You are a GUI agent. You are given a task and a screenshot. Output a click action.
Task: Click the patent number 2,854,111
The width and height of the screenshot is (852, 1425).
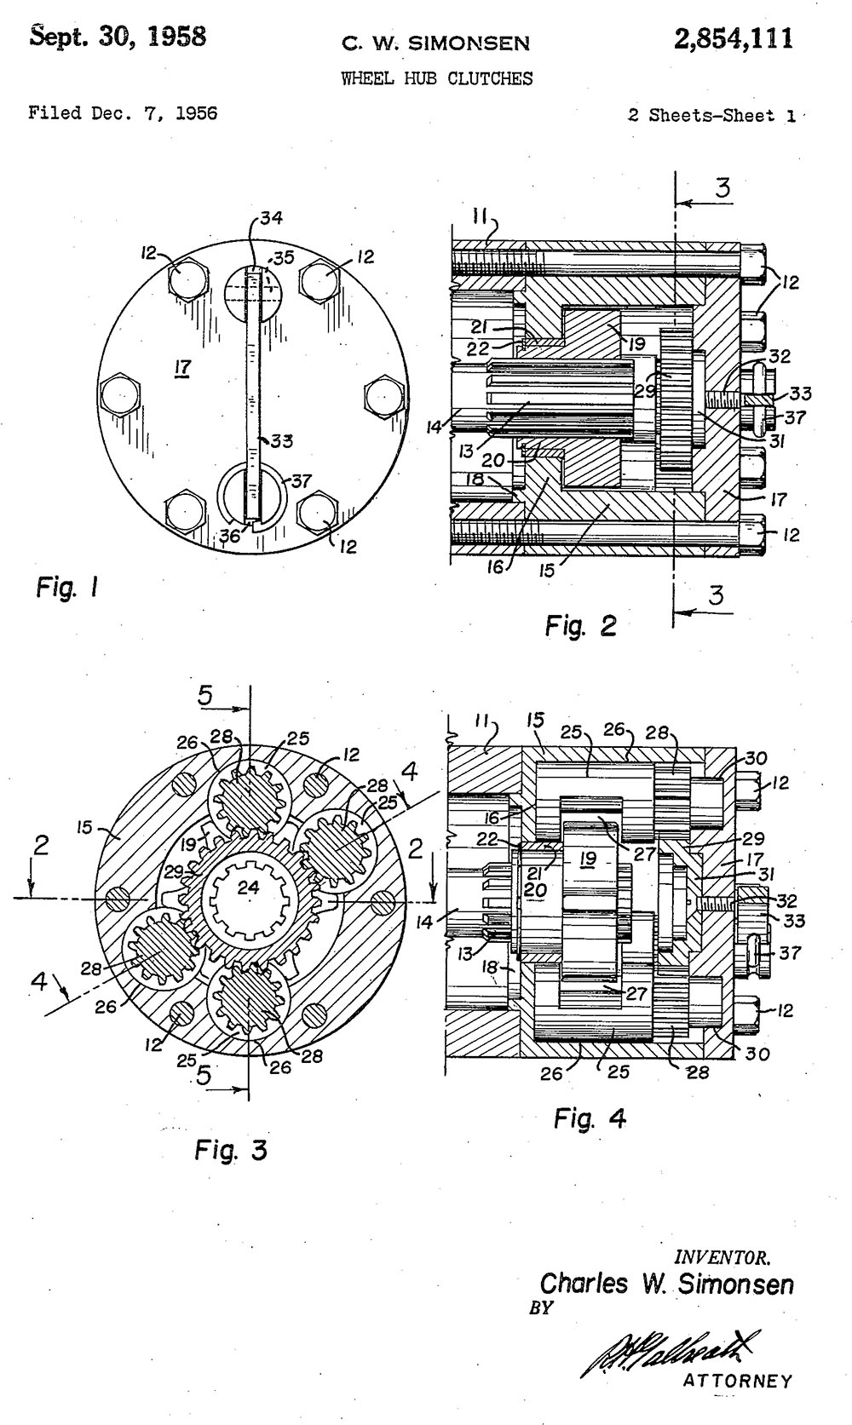(x=733, y=39)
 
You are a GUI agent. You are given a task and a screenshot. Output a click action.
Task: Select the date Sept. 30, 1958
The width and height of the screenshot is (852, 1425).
(x=118, y=37)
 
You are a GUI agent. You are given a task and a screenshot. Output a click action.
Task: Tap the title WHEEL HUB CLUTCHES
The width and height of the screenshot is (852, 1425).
(x=436, y=79)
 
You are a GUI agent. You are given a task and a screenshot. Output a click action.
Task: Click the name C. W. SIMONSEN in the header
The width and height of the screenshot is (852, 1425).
(x=435, y=43)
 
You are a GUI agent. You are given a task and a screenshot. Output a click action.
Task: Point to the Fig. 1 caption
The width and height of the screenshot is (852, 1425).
(x=67, y=587)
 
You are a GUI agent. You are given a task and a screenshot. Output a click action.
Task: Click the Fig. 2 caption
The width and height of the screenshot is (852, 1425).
(x=580, y=627)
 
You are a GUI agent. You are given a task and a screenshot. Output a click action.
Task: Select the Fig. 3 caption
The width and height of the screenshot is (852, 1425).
(x=230, y=1151)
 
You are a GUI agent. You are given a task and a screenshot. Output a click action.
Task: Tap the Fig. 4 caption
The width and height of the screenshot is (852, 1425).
(x=590, y=1118)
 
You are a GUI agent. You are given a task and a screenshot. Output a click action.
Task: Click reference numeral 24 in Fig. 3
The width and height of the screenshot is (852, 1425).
(x=248, y=888)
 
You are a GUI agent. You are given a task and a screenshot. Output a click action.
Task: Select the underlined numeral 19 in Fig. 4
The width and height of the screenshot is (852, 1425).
(x=587, y=859)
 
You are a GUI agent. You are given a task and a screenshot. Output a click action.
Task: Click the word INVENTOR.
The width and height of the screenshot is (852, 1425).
(x=722, y=1257)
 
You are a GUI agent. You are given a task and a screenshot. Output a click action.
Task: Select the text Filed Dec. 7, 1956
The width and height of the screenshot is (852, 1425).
(x=123, y=113)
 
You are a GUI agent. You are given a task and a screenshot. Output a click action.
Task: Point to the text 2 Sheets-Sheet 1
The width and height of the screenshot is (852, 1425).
(x=711, y=116)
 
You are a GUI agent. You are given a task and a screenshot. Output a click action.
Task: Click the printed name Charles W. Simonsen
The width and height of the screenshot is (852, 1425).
(x=667, y=1284)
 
